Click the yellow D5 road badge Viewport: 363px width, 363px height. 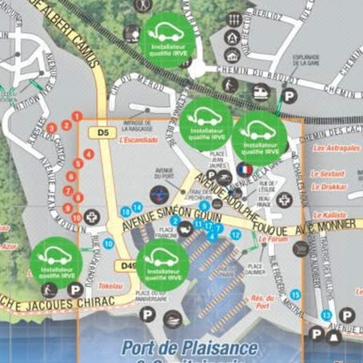tap(102, 131)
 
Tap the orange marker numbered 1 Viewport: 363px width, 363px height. tap(77, 117)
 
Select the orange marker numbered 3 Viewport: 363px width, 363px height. tap(52, 127)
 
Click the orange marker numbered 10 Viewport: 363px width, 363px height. tap(76, 217)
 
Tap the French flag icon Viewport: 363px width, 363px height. tap(244, 170)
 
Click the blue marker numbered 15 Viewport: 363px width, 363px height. tap(296, 294)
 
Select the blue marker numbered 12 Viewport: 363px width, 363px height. tap(235, 234)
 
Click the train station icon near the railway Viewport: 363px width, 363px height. tap(261, 92)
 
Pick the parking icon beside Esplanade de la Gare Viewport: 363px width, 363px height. tap(289, 95)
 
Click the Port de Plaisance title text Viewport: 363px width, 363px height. tap(190, 348)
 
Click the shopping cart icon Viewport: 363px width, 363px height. tap(301, 249)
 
